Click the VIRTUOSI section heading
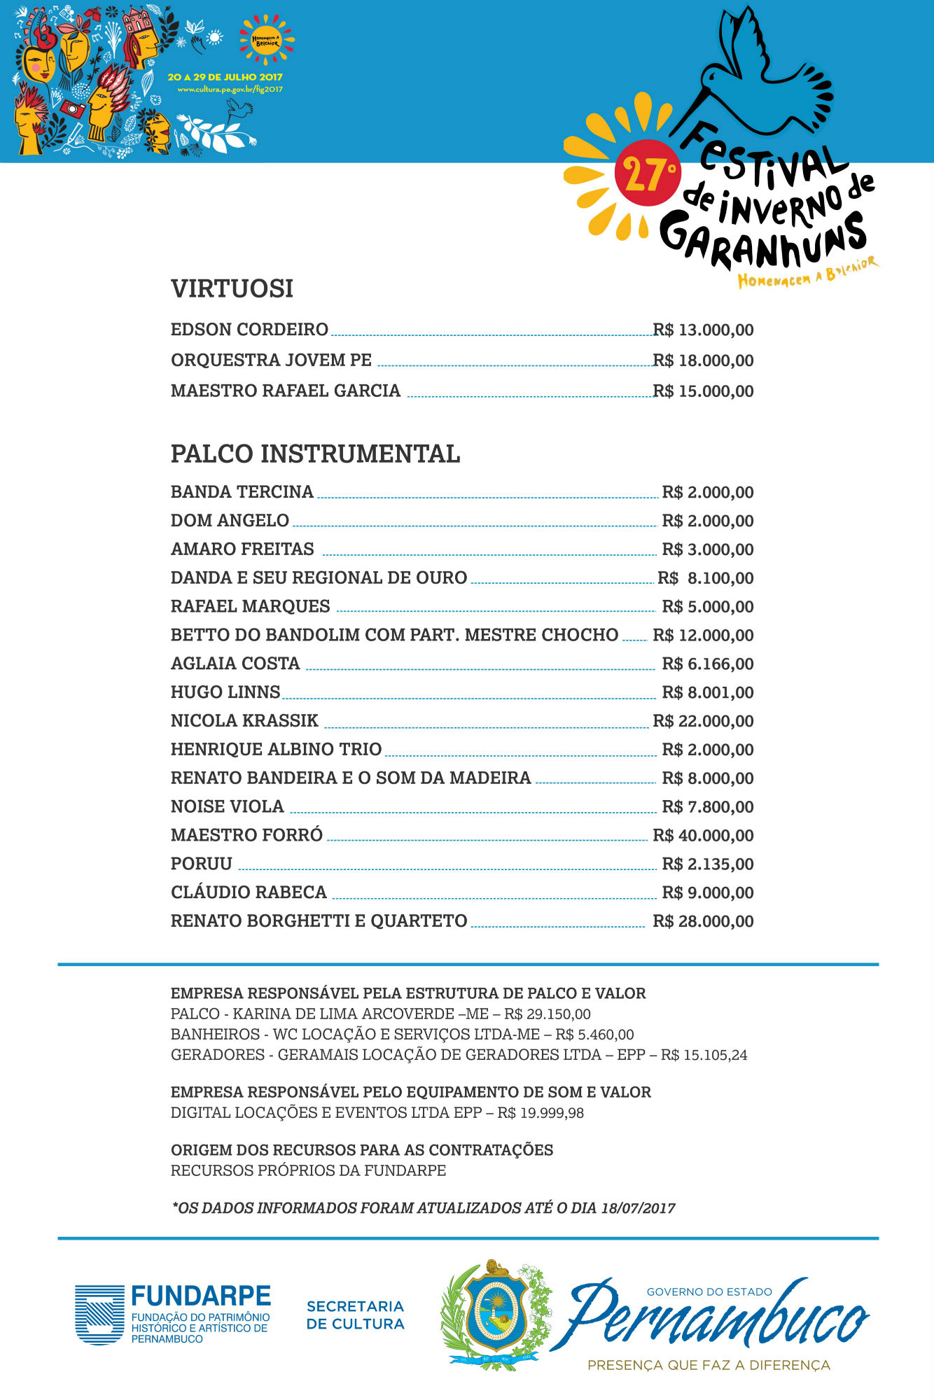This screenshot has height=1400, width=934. click(x=232, y=288)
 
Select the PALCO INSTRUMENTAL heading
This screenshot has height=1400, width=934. click(x=315, y=454)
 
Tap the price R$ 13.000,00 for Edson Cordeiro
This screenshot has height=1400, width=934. click(x=703, y=330)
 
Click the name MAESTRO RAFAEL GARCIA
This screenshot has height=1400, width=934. click(x=286, y=391)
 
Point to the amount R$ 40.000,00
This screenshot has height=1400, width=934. click(x=703, y=835)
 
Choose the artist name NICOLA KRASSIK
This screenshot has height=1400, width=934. click(x=244, y=720)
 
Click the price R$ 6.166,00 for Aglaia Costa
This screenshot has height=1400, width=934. click(x=707, y=664)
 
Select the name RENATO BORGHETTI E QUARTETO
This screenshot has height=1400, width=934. click(x=319, y=920)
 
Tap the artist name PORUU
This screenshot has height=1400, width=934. click(x=202, y=864)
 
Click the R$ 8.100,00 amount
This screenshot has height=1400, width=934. click(x=706, y=578)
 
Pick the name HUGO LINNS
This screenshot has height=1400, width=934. click(x=225, y=692)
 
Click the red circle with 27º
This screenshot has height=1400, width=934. click(x=647, y=173)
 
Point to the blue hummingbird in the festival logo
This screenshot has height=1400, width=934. click(x=760, y=77)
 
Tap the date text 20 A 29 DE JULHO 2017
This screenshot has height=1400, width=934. click(x=225, y=77)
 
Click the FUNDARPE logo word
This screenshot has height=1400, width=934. click(x=200, y=1296)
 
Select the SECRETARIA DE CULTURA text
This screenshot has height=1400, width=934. click(x=356, y=1315)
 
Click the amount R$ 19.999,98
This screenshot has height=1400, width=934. click(x=541, y=1112)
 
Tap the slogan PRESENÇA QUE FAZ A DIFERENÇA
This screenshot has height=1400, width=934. click(x=709, y=1365)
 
